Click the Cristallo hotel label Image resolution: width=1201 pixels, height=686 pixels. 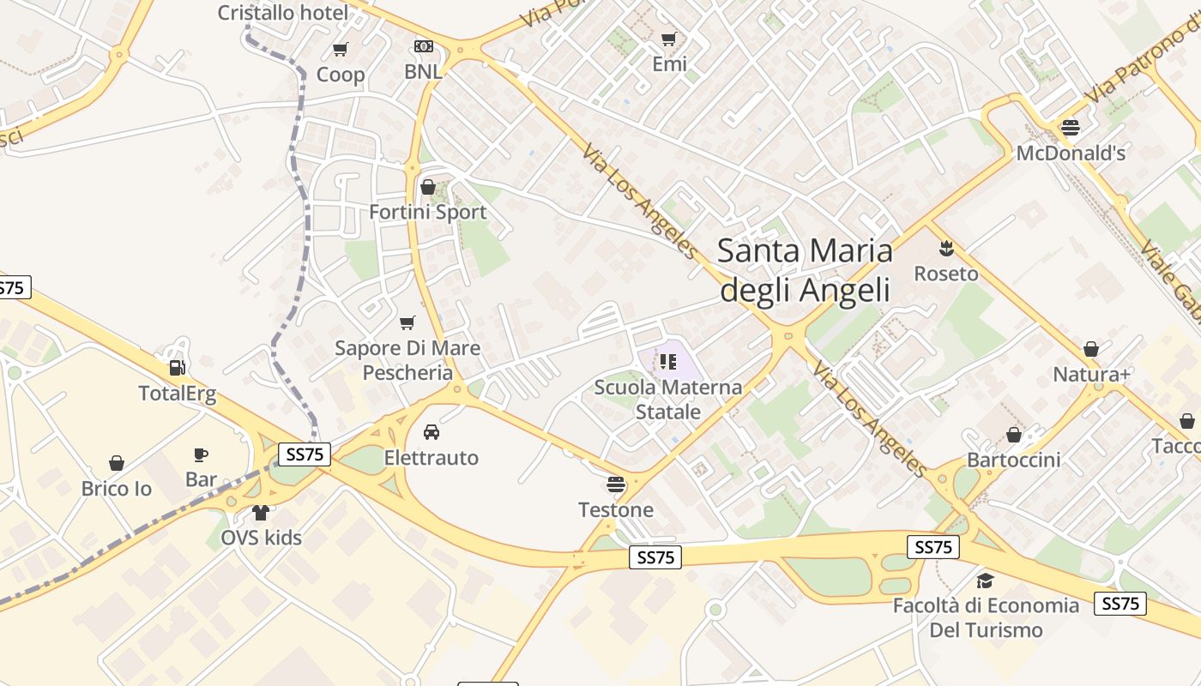coord(282,13)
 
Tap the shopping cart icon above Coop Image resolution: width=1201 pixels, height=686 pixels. coord(341,50)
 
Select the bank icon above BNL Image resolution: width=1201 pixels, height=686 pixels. coord(424,46)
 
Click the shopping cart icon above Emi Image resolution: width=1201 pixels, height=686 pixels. coord(669,39)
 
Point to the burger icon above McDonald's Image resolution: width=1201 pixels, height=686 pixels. coord(1071,128)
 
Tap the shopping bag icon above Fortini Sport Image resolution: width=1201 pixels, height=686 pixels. coord(428,187)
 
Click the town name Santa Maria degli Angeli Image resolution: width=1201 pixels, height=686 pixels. coord(805,270)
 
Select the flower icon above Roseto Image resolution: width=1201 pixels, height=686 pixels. coord(946,249)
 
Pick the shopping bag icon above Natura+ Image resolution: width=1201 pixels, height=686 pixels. coord(1091,349)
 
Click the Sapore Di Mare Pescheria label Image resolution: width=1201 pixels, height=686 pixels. coord(407,360)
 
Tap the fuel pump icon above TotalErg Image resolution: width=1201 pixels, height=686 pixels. coord(178,368)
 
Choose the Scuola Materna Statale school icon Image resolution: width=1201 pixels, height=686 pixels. coord(668,362)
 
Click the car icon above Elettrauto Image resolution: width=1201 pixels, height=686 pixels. coord(432,432)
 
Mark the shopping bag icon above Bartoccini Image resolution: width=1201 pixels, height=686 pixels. coord(1014,435)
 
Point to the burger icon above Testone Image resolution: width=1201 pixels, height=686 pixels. coord(615,485)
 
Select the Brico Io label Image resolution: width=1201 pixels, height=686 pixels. coord(117,489)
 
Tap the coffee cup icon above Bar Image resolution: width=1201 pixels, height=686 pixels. coord(201,454)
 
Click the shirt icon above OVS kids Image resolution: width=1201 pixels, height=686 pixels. coord(261,513)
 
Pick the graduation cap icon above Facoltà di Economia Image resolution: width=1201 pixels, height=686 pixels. coord(985,581)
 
